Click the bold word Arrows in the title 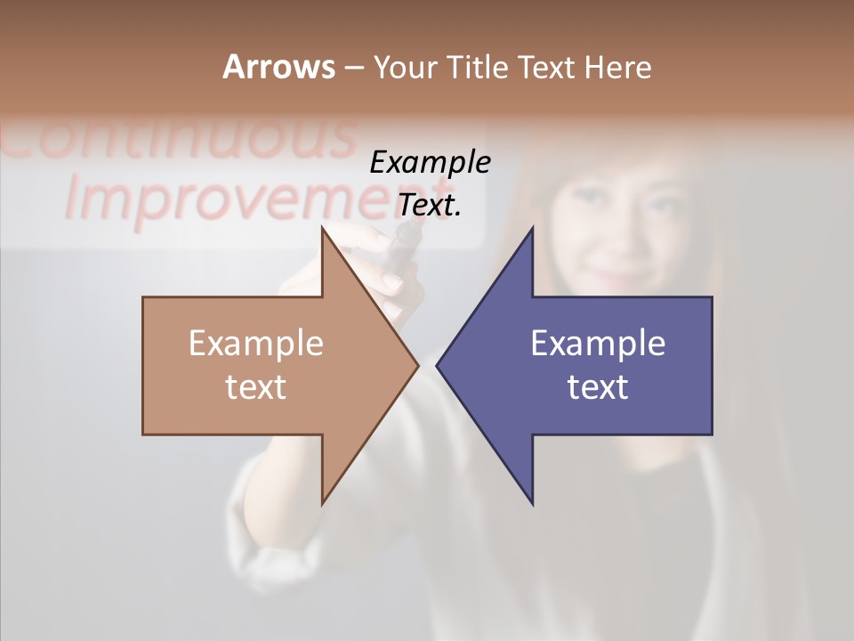pyautogui.click(x=278, y=67)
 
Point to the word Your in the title pyautogui.click(x=404, y=67)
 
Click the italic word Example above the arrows pyautogui.click(x=430, y=163)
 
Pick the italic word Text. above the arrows pyautogui.click(x=430, y=206)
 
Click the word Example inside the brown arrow pyautogui.click(x=256, y=343)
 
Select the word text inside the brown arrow pyautogui.click(x=256, y=387)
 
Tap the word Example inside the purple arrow pyautogui.click(x=598, y=343)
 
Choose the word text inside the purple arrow pyautogui.click(x=598, y=387)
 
